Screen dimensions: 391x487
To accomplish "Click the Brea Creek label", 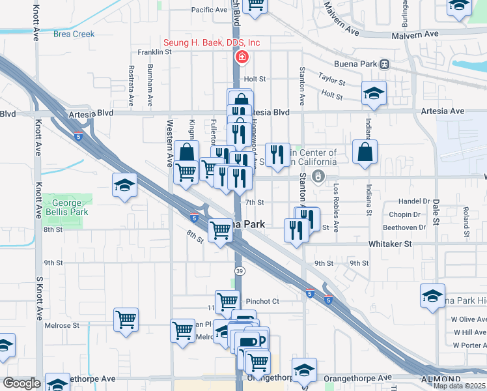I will (x=74, y=34).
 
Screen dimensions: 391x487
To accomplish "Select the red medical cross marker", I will (x=242, y=57).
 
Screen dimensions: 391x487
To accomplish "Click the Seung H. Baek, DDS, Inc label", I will (x=212, y=43).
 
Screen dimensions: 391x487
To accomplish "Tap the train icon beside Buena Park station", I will (x=385, y=64).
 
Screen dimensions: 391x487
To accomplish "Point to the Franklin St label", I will (x=154, y=52).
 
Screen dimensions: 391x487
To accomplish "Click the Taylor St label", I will (x=331, y=77).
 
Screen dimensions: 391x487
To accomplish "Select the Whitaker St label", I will (x=390, y=243).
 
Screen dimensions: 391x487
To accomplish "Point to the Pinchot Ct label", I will (x=262, y=301).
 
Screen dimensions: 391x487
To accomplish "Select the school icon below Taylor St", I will (x=374, y=93).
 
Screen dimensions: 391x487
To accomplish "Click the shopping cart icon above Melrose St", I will (x=126, y=320).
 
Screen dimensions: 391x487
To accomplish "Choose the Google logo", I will (x=21, y=383).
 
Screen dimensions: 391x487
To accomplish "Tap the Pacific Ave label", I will (x=209, y=10).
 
